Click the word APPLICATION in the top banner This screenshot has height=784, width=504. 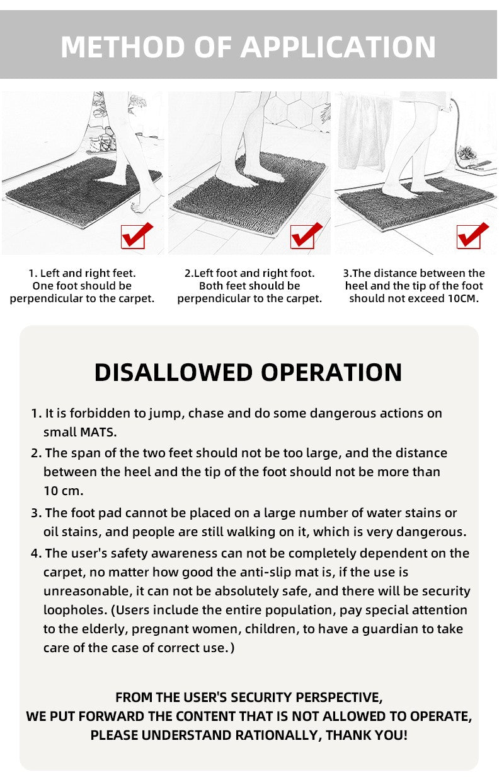tap(338, 47)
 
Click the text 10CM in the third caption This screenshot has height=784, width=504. tap(463, 298)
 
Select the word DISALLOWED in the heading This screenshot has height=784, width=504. tap(173, 372)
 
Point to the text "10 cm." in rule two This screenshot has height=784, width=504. tap(63, 490)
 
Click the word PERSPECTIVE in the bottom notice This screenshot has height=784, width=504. tap(338, 697)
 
